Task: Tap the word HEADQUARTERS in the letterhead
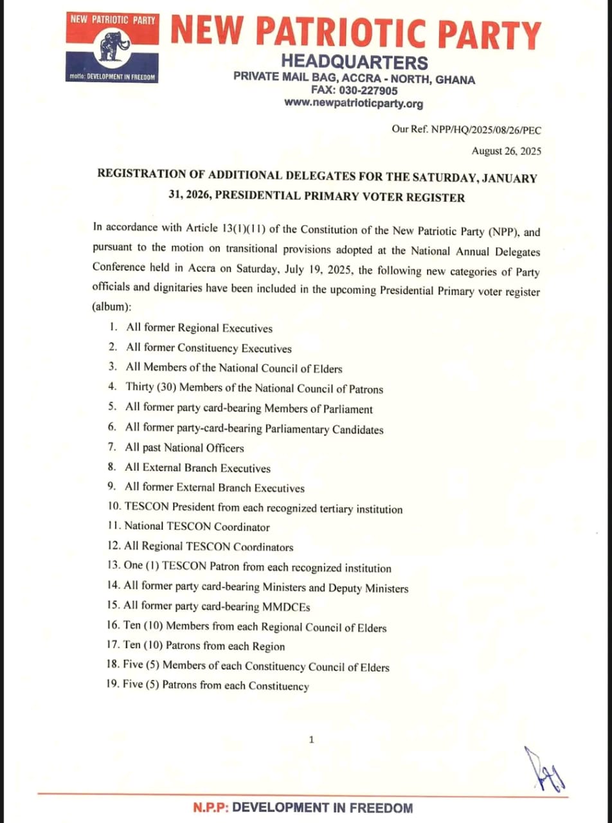355,63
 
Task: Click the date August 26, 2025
507,152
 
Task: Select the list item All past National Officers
184,448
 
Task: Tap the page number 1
312,740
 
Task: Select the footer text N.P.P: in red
212,808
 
